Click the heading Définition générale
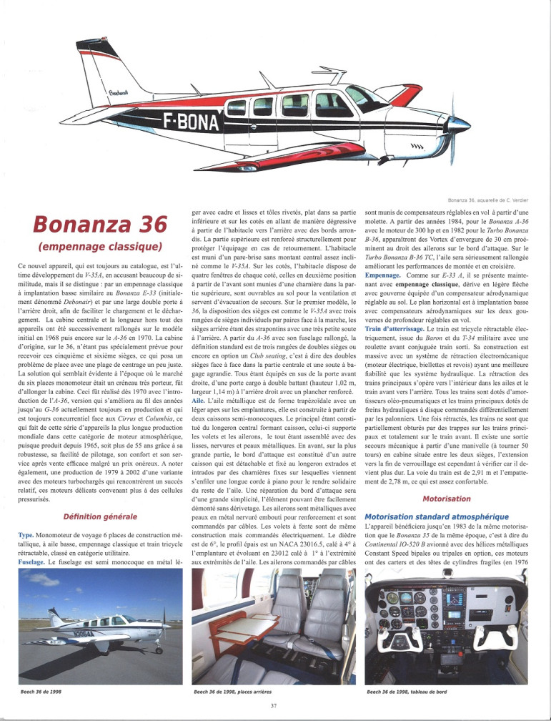96,515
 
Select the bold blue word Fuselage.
33,562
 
